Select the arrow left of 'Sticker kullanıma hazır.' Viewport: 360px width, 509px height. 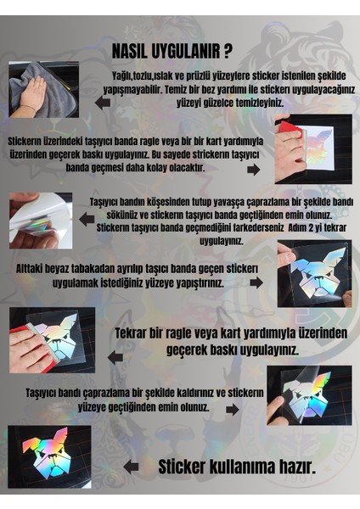click(131, 466)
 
